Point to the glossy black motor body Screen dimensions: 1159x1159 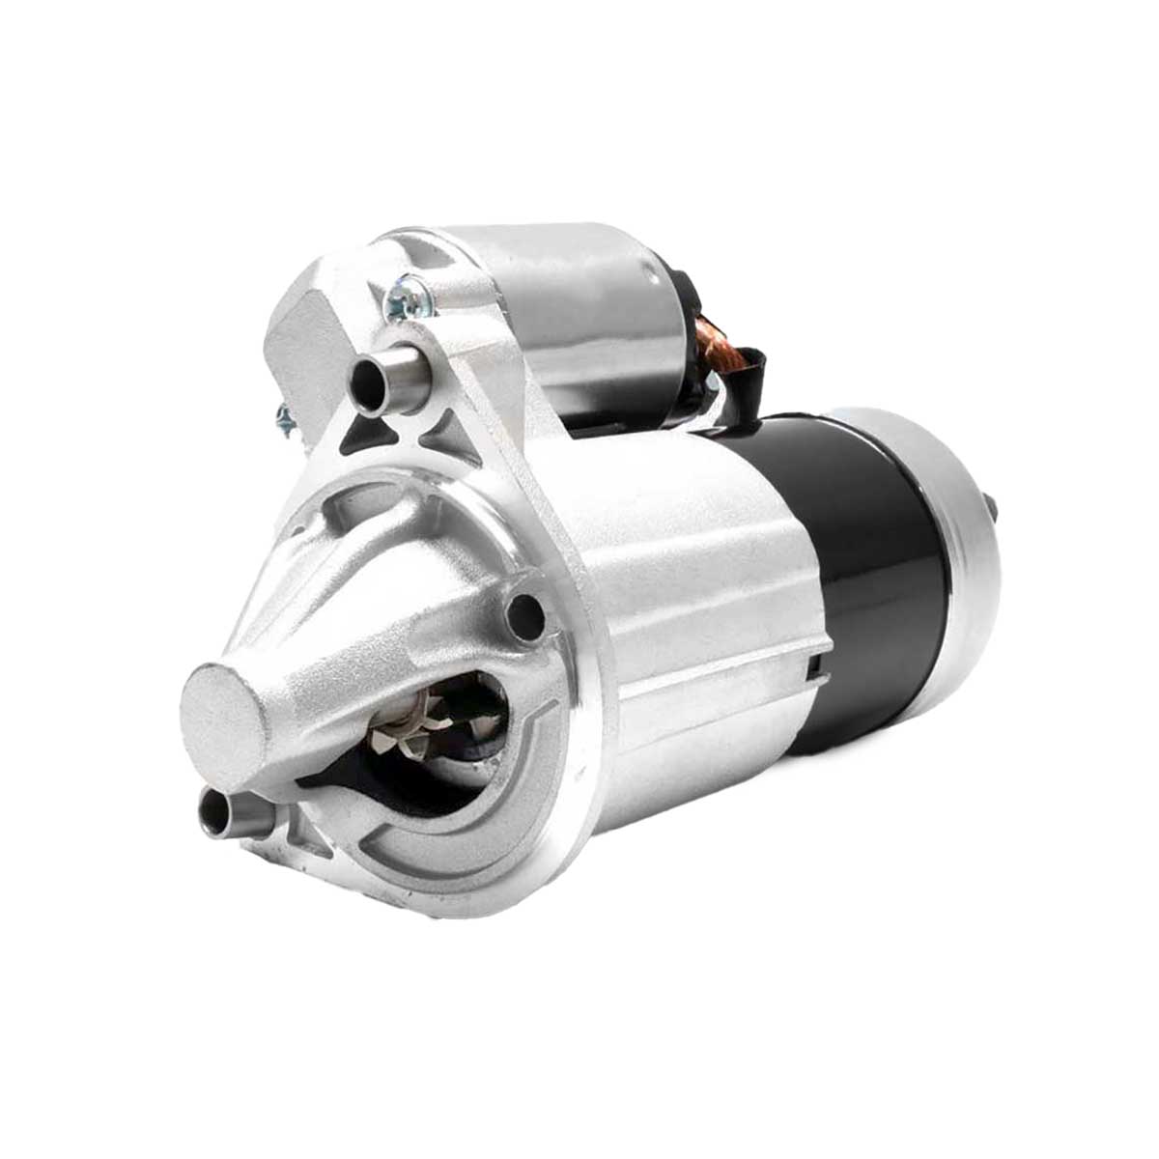[869, 560]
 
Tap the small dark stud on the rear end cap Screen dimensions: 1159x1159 [991, 505]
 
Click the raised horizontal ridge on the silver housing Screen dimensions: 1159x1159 [715, 666]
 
